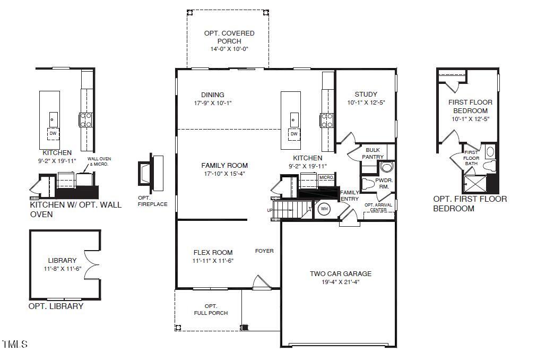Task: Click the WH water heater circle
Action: click(x=324, y=209)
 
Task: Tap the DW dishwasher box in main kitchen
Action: click(x=293, y=134)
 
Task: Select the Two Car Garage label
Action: click(x=341, y=274)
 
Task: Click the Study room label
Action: click(x=366, y=95)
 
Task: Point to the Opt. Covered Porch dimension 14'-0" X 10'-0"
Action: click(x=229, y=49)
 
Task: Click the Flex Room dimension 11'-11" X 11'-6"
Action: click(x=213, y=261)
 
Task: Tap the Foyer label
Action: click(x=264, y=251)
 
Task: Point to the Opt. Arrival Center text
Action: click(x=378, y=207)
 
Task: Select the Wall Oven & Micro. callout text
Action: click(x=99, y=161)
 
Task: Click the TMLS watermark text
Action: click(x=14, y=345)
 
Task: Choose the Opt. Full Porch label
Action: click(x=211, y=310)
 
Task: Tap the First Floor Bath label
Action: click(x=471, y=158)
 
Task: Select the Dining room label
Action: click(x=213, y=95)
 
